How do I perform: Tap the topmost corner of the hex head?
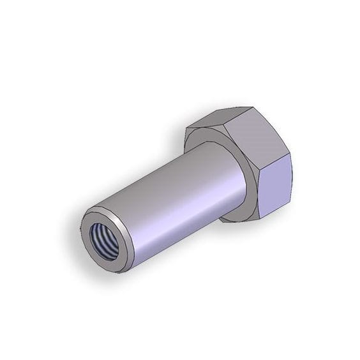tap(235, 107)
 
